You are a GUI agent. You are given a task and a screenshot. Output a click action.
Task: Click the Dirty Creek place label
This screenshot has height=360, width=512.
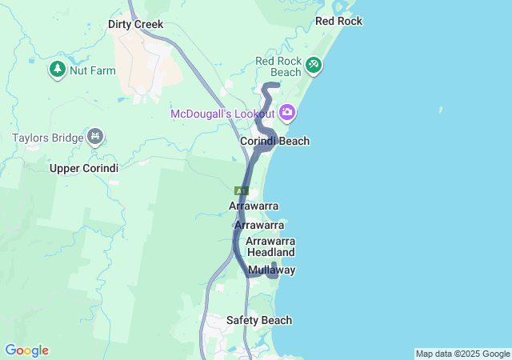pyautogui.click(x=135, y=25)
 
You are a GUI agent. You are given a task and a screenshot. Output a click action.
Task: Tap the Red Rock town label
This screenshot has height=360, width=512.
pyautogui.click(x=338, y=21)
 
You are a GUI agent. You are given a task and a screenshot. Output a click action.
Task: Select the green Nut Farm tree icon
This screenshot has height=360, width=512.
pyautogui.click(x=58, y=70)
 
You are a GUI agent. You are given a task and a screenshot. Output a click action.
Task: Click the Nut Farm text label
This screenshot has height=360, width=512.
pyautogui.click(x=93, y=70)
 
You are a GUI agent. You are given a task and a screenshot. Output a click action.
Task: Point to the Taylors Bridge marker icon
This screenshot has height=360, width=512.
pyautogui.click(x=96, y=138)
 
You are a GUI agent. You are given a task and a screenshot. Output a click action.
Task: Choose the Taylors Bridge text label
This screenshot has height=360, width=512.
pyautogui.click(x=48, y=138)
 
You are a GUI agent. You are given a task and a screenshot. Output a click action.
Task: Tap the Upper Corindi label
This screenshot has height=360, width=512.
pyautogui.click(x=84, y=168)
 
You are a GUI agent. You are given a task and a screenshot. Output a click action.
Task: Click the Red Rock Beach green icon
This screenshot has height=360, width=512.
pyautogui.click(x=314, y=64)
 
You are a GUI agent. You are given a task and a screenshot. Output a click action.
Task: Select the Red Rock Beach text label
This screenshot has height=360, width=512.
pyautogui.click(x=278, y=66)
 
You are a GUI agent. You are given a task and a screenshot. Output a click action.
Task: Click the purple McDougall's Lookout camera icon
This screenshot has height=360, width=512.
pyautogui.click(x=287, y=114)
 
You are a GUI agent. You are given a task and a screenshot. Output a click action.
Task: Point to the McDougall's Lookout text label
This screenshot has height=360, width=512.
pyautogui.click(x=222, y=114)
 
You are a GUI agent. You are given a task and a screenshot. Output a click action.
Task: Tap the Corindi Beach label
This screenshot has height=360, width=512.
pyautogui.click(x=274, y=141)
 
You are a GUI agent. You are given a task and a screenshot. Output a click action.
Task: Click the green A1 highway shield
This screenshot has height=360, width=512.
pyautogui.click(x=241, y=190)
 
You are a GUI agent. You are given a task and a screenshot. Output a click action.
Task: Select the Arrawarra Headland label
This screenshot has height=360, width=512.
pyautogui.click(x=271, y=246)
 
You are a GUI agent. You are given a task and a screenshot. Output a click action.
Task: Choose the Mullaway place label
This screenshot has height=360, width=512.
pyautogui.click(x=271, y=270)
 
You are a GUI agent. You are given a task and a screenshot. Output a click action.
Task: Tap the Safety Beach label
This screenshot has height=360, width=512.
pyautogui.click(x=258, y=320)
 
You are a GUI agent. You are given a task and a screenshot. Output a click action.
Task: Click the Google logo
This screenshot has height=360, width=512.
pyautogui.click(x=26, y=350)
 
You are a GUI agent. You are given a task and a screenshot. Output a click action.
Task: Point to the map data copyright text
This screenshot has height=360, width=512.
pyautogui.click(x=462, y=354)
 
